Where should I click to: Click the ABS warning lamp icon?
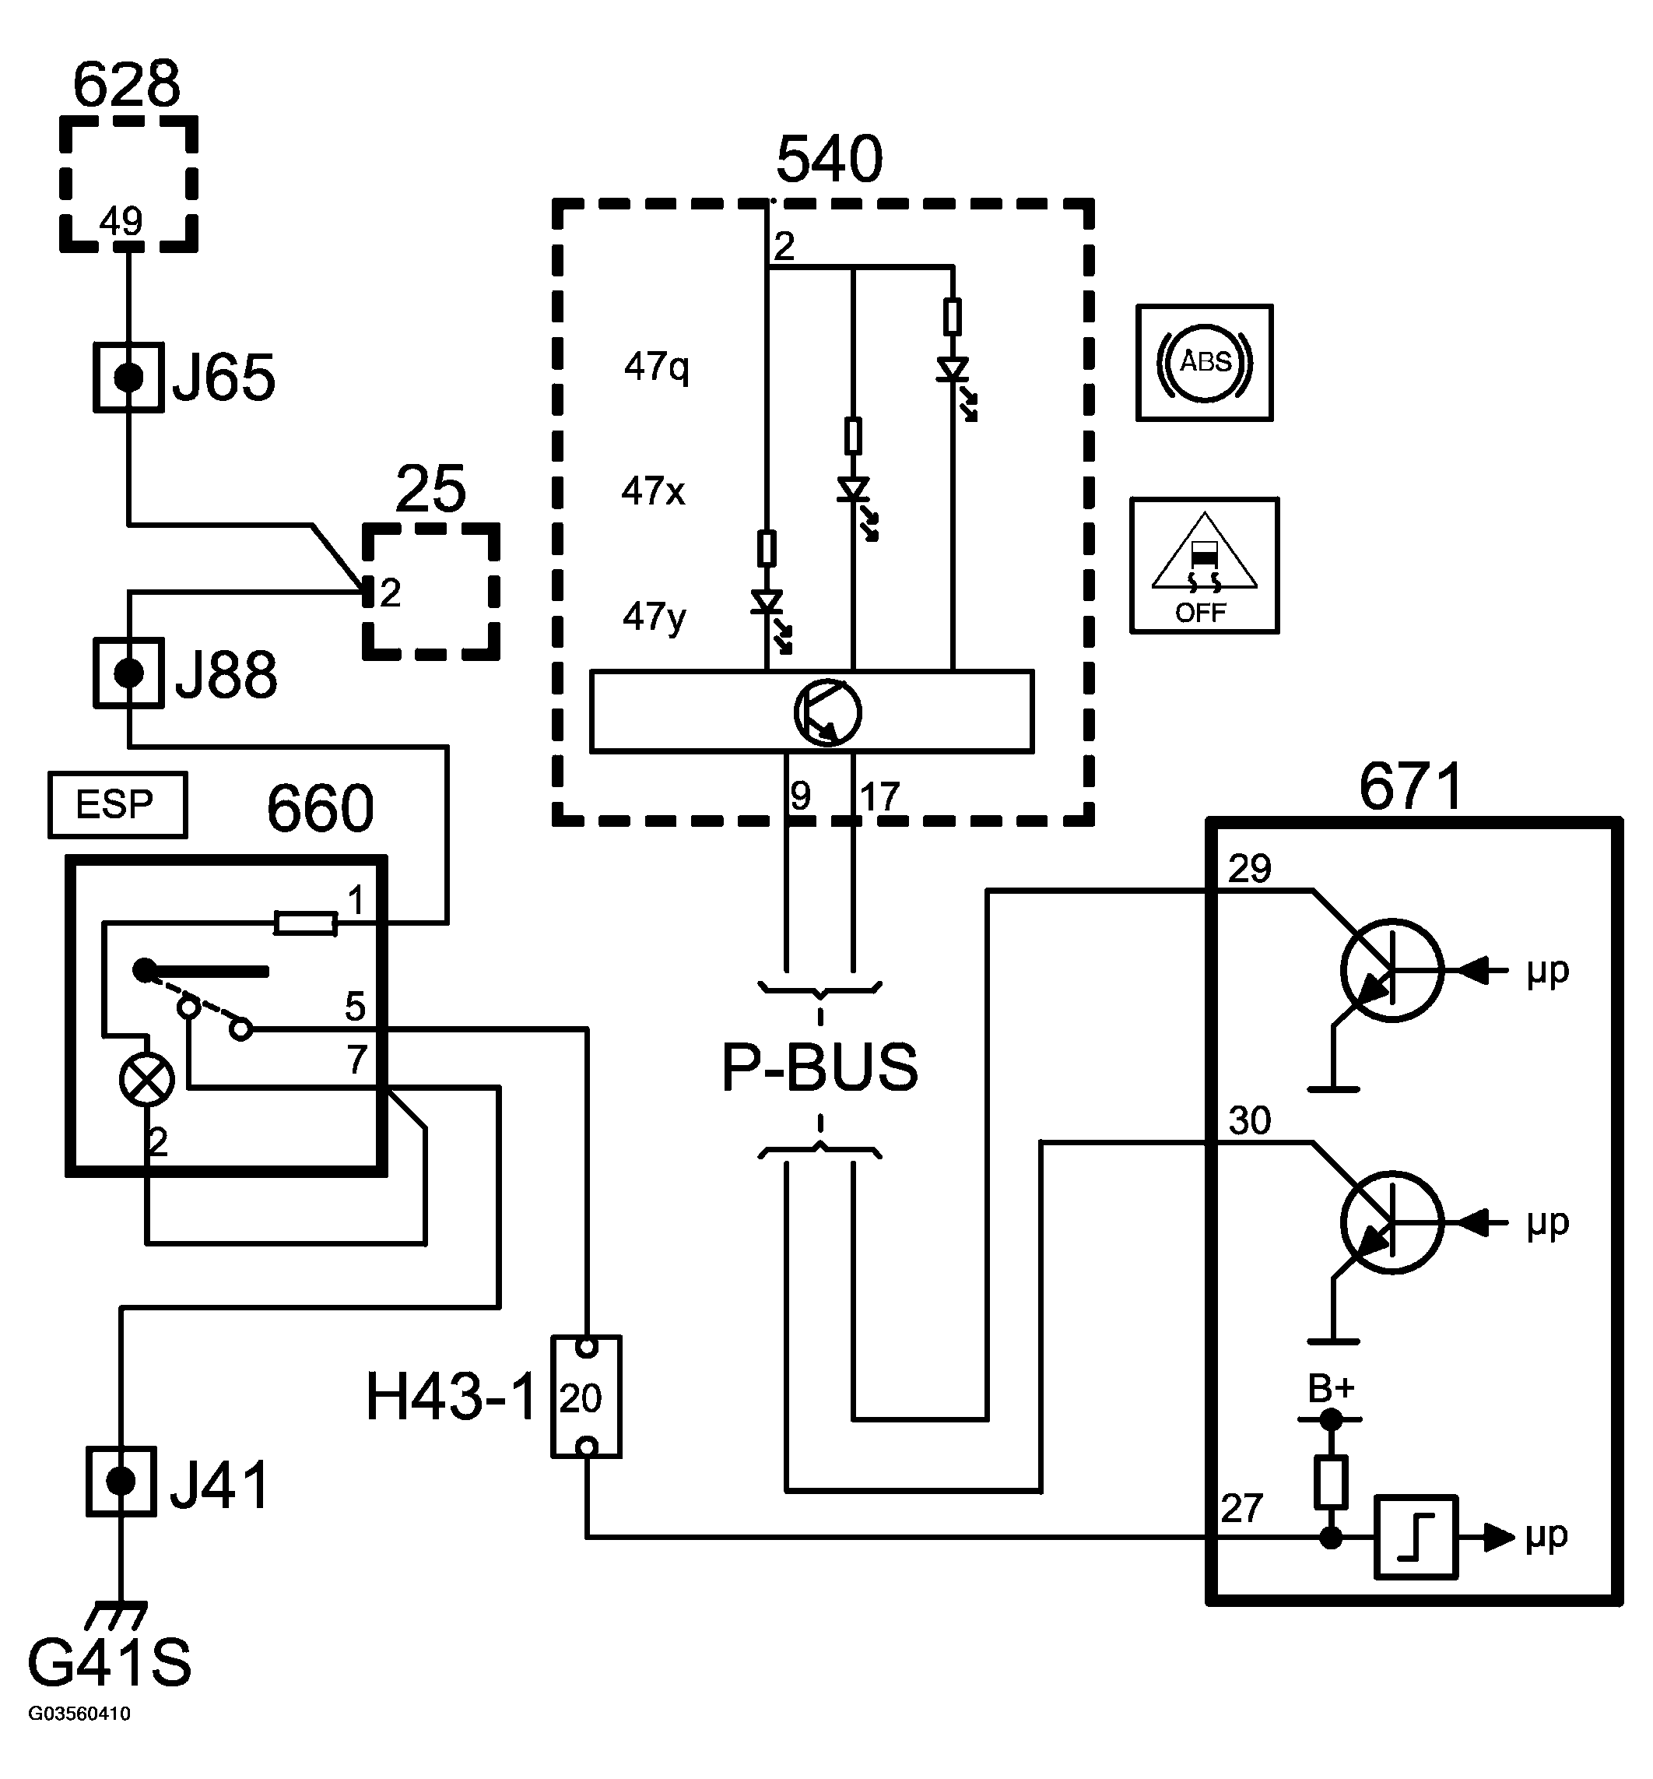pyautogui.click(x=1204, y=363)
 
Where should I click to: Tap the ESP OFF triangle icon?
pyautogui.click(x=1204, y=565)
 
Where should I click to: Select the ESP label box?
pyautogui.click(x=118, y=804)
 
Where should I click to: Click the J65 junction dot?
pyautogui.click(x=129, y=378)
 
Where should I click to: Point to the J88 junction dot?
pyautogui.click(x=129, y=673)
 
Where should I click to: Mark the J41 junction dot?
pyautogui.click(x=121, y=1481)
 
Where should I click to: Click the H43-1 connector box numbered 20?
pyautogui.click(x=586, y=1397)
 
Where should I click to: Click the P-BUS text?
pyautogui.click(x=819, y=1067)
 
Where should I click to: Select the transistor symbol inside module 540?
pyautogui.click(x=827, y=712)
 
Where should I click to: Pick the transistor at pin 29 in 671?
pyautogui.click(x=1391, y=969)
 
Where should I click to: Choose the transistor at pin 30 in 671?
pyautogui.click(x=1391, y=1222)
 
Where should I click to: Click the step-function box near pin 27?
pyautogui.click(x=1416, y=1538)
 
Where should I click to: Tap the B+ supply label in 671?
pyautogui.click(x=1331, y=1389)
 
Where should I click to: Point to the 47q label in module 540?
pyautogui.click(x=657, y=366)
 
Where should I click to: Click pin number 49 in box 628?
pyautogui.click(x=121, y=220)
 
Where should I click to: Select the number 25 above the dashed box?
pyautogui.click(x=430, y=489)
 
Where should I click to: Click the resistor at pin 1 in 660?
pyautogui.click(x=305, y=923)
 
